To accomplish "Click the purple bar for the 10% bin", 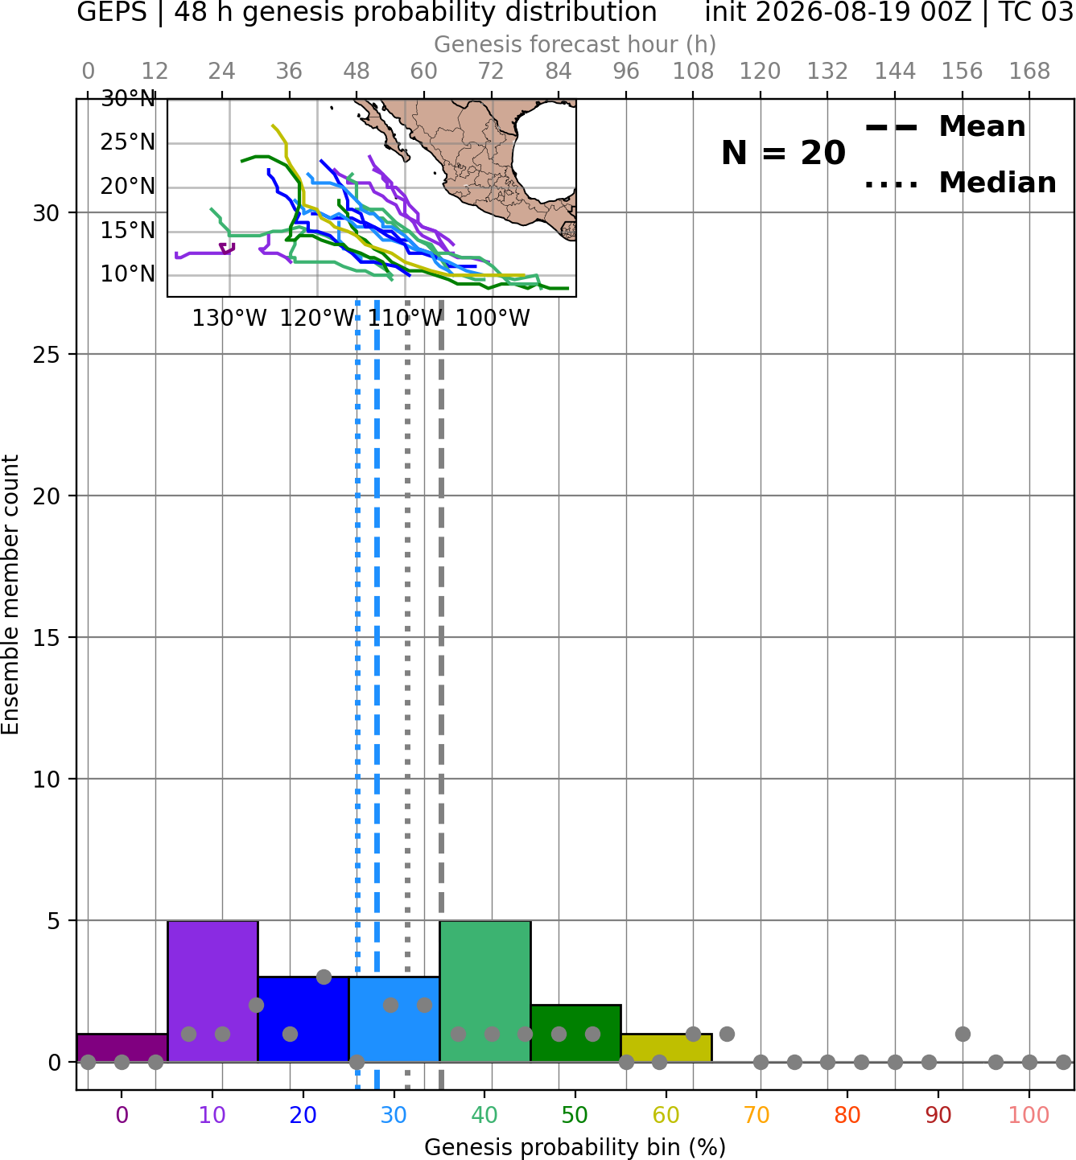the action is pos(212,991).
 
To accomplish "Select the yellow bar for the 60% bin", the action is pos(666,1048).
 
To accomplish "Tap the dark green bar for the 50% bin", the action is pos(575,1034).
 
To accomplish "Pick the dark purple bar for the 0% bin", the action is pos(122,1048).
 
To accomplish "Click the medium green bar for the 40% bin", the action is pos(485,991).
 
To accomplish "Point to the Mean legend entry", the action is pos(945,127).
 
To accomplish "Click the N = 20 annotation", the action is pos(783,153).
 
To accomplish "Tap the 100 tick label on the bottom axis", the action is pos(1029,1115).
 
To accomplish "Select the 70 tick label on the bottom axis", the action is pos(756,1115).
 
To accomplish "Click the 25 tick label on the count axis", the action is pos(46,355).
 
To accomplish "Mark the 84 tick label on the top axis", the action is pos(559,72).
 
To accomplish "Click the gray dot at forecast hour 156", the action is pos(963,1034).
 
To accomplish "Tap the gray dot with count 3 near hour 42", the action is pos(324,977).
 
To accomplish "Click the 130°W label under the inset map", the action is pos(229,319).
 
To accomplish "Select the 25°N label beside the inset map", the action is pos(128,142).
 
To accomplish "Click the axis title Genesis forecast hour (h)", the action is pos(575,44).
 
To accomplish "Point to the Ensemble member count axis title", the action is pos(10,594).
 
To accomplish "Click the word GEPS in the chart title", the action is pos(112,12).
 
